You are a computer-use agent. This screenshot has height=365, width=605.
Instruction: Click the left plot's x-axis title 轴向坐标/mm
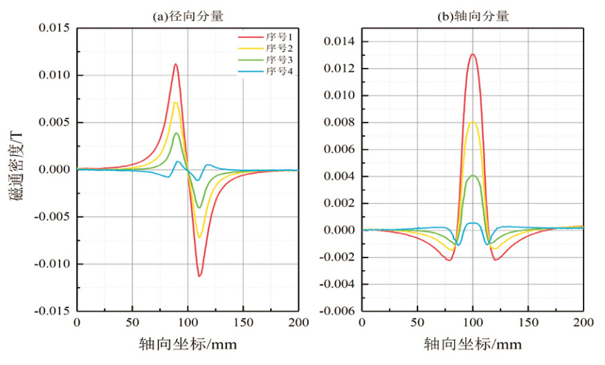click(x=188, y=344)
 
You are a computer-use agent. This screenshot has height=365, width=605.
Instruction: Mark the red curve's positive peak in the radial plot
click(x=176, y=64)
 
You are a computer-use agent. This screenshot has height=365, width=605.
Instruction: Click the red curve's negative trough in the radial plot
click(x=199, y=276)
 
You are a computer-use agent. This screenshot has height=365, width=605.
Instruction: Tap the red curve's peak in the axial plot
click(x=472, y=54)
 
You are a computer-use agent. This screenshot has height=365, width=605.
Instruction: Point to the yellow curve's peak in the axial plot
click(x=472, y=122)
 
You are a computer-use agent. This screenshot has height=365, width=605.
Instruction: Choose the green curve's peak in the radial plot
click(x=177, y=133)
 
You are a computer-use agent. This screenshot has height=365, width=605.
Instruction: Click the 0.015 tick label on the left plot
click(x=54, y=28)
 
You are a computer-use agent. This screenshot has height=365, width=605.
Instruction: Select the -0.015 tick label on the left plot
click(x=51, y=312)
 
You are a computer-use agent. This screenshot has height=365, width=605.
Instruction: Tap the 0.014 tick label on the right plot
click(x=339, y=42)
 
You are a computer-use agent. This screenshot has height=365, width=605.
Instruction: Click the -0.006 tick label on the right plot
click(x=337, y=312)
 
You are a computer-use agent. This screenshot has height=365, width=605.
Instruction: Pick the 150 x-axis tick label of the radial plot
click(x=243, y=323)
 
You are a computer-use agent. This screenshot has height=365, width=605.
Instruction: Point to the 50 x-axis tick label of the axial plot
click(x=417, y=323)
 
